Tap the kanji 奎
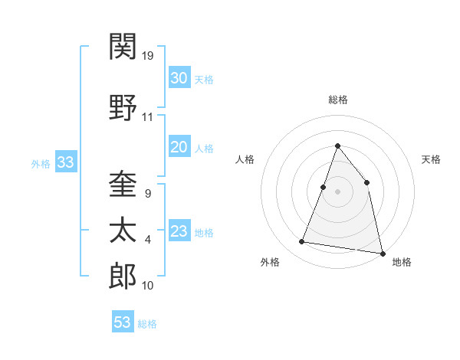pyautogui.click(x=123, y=184)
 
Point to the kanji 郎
pyautogui.click(x=123, y=277)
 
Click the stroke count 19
pyautogui.click(x=148, y=55)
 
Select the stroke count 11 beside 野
pyautogui.click(x=147, y=117)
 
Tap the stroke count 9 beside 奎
pyautogui.click(x=148, y=193)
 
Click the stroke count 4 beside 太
pyautogui.click(x=148, y=240)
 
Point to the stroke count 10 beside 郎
pyautogui.click(x=148, y=286)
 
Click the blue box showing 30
pyautogui.click(x=179, y=78)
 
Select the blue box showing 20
pyautogui.click(x=179, y=147)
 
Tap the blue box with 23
pyautogui.click(x=179, y=231)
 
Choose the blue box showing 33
pyautogui.click(x=65, y=162)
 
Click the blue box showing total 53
pyautogui.click(x=122, y=322)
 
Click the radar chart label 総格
pyautogui.click(x=337, y=100)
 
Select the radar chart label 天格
pyautogui.click(x=431, y=159)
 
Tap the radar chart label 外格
pyautogui.click(x=270, y=262)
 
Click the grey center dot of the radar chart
pyautogui.click(x=337, y=191)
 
